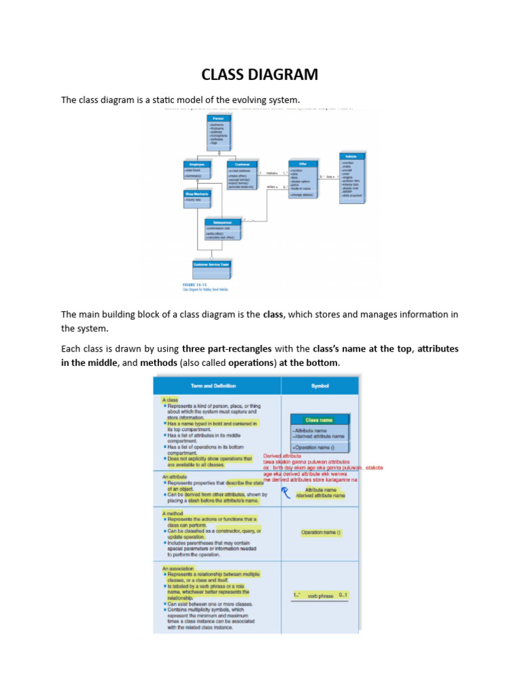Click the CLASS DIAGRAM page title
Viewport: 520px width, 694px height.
click(259, 74)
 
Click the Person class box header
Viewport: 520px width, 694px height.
click(219, 118)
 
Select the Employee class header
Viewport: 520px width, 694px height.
click(197, 164)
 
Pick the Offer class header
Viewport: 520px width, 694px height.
click(302, 163)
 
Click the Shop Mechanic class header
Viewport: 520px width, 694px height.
click(197, 194)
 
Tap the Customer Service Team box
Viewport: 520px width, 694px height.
click(211, 264)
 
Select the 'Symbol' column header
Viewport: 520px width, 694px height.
click(320, 386)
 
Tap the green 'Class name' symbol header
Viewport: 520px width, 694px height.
click(319, 420)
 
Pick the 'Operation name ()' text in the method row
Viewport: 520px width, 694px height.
click(321, 533)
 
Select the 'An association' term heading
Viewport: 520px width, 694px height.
click(178, 568)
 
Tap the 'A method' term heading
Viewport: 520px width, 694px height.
click(173, 514)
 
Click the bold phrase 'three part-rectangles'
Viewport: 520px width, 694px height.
click(227, 349)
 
